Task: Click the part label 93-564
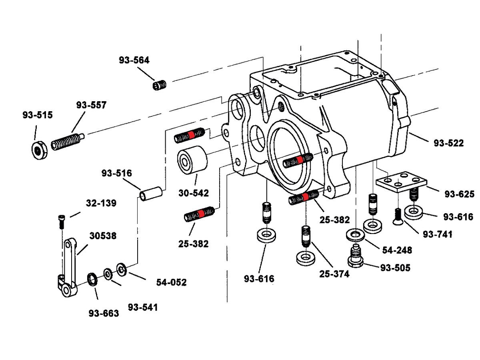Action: tap(134, 60)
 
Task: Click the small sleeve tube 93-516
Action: tap(150, 192)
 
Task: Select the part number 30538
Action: tap(103, 236)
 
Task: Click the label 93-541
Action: tap(143, 307)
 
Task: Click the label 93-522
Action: tap(449, 143)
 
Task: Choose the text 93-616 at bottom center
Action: tap(259, 278)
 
